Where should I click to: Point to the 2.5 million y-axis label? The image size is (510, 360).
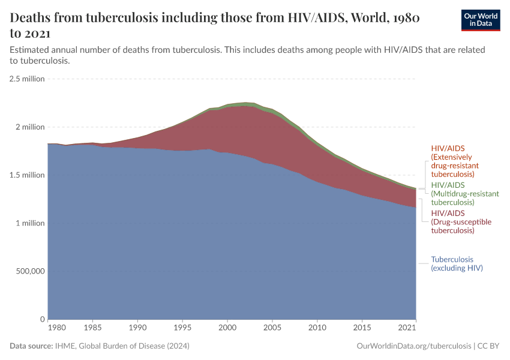pyautogui.click(x=27, y=79)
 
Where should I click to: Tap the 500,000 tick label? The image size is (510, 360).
pyautogui.click(x=29, y=271)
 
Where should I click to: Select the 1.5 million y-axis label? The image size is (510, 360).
pyautogui.click(x=27, y=175)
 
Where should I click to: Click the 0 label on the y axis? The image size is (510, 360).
pyautogui.click(x=42, y=319)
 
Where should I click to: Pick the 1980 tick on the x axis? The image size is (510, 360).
pyautogui.click(x=56, y=328)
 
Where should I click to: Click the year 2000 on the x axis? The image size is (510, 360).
pyautogui.click(x=227, y=328)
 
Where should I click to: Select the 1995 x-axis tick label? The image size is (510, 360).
pyautogui.click(x=182, y=328)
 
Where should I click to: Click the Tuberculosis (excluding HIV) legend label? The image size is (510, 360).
pyautogui.click(x=457, y=264)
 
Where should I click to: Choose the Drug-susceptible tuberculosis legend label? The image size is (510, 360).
pyautogui.click(x=461, y=221)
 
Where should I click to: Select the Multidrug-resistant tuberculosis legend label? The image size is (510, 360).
pyautogui.click(x=465, y=194)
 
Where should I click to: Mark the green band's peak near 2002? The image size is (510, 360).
pyautogui.click(x=245, y=104)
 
